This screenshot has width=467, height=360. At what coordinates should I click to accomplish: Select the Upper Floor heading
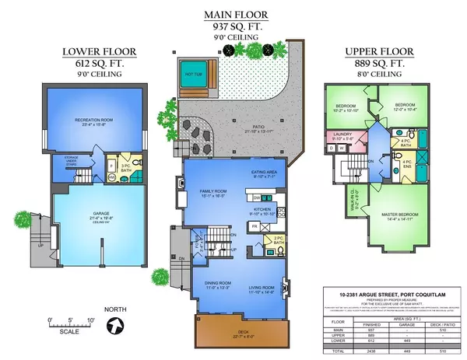[377, 53]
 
